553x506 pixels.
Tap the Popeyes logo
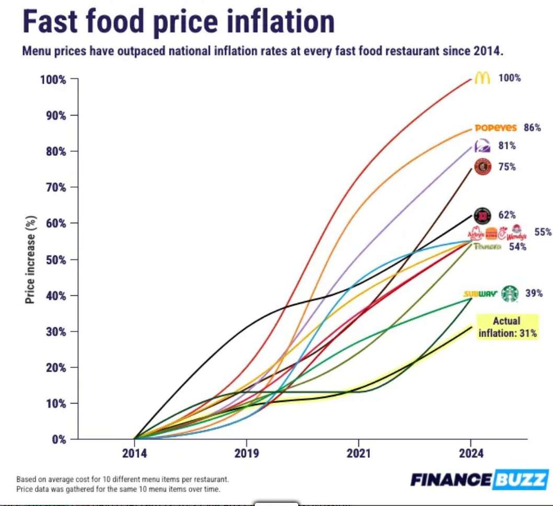(495, 128)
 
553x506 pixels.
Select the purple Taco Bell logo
(481, 146)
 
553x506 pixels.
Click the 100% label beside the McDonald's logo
(510, 78)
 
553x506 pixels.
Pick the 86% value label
(532, 128)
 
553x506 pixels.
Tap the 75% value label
(507, 167)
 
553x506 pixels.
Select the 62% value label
(507, 214)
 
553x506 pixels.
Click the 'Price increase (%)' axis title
(30, 260)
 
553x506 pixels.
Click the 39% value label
(534, 294)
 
